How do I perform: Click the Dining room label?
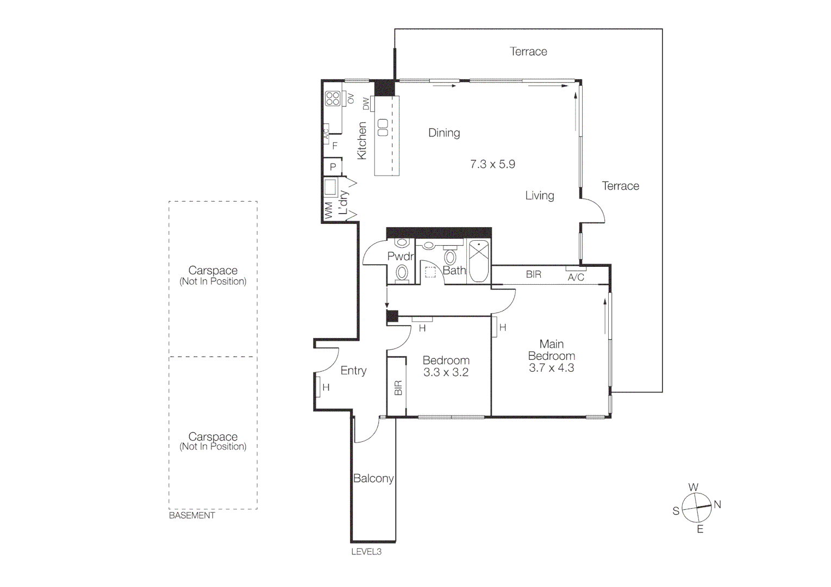click(443, 133)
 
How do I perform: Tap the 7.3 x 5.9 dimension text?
click(492, 164)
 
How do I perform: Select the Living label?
click(539, 196)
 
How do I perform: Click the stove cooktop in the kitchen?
click(333, 98)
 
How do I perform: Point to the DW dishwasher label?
click(366, 103)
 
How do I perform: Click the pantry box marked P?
click(333, 167)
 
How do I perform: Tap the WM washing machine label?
click(329, 211)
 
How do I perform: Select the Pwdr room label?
click(401, 257)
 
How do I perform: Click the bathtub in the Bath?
click(479, 261)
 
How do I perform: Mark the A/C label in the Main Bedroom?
click(576, 277)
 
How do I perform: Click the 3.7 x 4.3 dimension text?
click(551, 368)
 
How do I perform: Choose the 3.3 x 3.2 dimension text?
click(446, 372)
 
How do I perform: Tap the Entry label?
click(353, 371)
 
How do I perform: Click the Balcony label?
click(373, 478)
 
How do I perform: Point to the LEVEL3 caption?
click(366, 552)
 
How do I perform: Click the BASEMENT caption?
click(192, 515)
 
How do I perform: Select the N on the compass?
click(717, 504)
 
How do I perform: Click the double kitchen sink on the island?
click(383, 127)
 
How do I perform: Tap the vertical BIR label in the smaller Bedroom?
click(398, 388)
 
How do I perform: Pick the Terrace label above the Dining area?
click(528, 52)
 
